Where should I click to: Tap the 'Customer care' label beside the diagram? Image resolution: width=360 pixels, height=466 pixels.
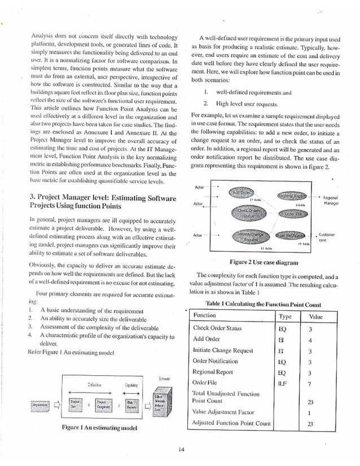[x=327, y=236]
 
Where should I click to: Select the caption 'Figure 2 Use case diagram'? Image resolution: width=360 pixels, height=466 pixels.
[x=264, y=262]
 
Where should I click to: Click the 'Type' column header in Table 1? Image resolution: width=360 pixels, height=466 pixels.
[x=285, y=316]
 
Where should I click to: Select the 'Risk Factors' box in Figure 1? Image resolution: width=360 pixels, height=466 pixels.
[x=129, y=404]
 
